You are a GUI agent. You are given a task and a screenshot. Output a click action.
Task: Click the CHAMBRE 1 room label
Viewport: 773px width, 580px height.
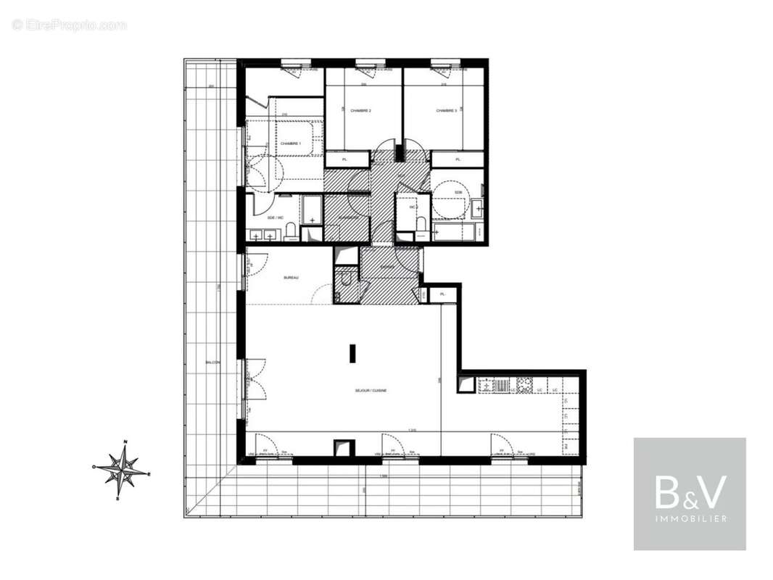pos(291,144)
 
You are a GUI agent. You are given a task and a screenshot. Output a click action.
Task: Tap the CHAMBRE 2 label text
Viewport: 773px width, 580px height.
pos(360,111)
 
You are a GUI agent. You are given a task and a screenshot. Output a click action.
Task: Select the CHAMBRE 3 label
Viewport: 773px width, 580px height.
pos(447,111)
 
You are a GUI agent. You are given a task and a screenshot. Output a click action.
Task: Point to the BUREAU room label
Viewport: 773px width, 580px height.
pos(292,278)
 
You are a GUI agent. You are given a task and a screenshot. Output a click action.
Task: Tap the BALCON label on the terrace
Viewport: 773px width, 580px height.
pos(212,362)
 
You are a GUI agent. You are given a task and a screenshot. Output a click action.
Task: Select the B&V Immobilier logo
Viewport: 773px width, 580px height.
pos(690,494)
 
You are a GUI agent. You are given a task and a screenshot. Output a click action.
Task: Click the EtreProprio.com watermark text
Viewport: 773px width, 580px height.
pos(70,25)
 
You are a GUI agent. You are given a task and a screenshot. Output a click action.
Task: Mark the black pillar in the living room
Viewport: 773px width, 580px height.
pos(352,353)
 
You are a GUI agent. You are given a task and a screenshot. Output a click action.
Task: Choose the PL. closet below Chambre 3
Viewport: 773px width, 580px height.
pos(458,159)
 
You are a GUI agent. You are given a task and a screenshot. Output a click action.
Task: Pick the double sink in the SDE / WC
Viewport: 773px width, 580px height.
pos(262,235)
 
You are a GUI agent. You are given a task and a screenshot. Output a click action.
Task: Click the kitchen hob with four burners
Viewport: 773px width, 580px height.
pos(524,385)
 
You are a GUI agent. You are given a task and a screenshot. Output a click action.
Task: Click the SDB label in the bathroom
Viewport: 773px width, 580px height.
pos(458,192)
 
